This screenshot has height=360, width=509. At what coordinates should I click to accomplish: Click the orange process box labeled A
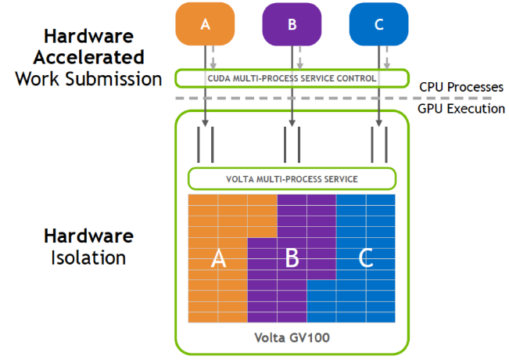click(205, 23)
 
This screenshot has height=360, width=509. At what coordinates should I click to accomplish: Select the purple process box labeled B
click(292, 23)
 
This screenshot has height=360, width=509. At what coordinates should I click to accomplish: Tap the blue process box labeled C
click(379, 23)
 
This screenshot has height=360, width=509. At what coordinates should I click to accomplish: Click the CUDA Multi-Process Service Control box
click(292, 78)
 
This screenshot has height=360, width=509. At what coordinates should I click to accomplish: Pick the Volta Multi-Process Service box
click(292, 178)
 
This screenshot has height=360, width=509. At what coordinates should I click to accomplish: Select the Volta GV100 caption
click(292, 338)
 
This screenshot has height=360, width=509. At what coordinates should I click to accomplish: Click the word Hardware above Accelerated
click(88, 36)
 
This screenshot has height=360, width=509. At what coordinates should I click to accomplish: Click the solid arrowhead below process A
click(205, 123)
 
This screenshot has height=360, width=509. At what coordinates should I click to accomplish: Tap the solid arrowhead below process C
click(379, 123)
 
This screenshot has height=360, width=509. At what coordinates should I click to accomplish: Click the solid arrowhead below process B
click(292, 123)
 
